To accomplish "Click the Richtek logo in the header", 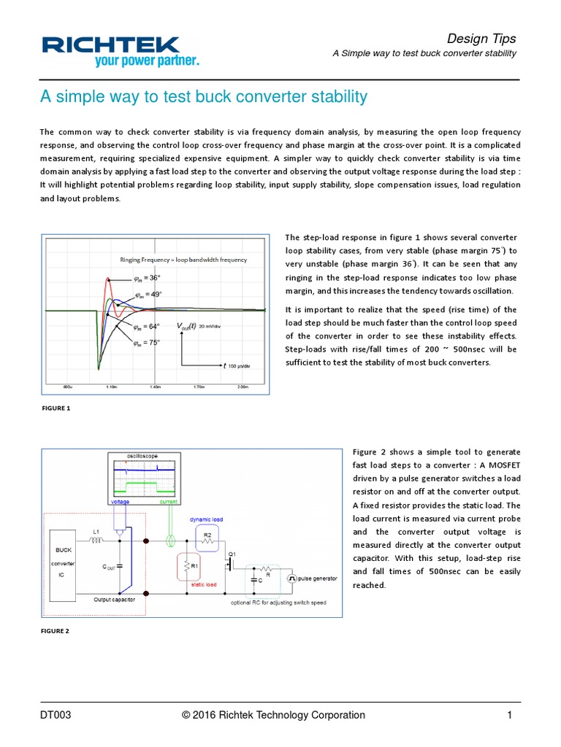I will pyautogui.click(x=120, y=51).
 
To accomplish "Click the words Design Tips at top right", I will pyautogui.click(x=481, y=39).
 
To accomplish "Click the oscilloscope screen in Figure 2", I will pyautogui.click(x=142, y=476).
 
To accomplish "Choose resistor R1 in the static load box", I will pyautogui.click(x=188, y=566).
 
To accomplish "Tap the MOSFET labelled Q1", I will pyautogui.click(x=231, y=565).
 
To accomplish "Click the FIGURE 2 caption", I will pyautogui.click(x=56, y=631).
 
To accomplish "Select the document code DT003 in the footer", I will pyautogui.click(x=56, y=715).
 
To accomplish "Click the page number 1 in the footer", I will pyautogui.click(x=510, y=715).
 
